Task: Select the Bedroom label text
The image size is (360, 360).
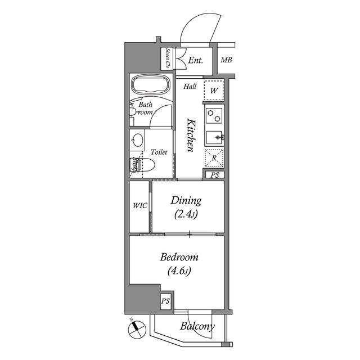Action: [x=179, y=258]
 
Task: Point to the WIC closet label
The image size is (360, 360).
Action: [x=139, y=206]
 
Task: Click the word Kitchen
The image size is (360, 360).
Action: [x=190, y=136]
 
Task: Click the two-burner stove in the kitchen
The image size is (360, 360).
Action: [x=214, y=116]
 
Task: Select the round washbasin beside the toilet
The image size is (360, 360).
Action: [x=137, y=140]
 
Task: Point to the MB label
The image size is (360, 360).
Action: [x=226, y=61]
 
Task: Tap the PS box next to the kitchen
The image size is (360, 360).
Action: [x=214, y=175]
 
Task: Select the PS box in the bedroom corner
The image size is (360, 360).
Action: [x=165, y=301]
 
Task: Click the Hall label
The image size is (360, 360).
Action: [x=190, y=87]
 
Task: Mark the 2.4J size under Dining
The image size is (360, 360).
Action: [x=185, y=214]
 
